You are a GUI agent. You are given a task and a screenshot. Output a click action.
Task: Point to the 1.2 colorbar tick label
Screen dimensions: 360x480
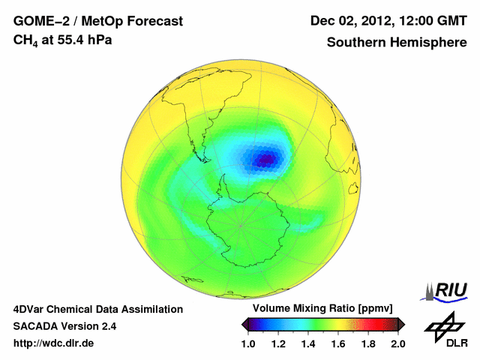[x=278, y=343]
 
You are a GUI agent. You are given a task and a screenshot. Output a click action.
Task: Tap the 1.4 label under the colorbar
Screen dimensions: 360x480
[x=307, y=343]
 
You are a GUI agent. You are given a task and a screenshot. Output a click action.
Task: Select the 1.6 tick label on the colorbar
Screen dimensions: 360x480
[x=338, y=343]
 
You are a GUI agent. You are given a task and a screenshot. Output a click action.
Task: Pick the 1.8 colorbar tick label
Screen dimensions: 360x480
[x=368, y=343]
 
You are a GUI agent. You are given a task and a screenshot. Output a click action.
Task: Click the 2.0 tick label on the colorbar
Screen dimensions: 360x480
[x=398, y=343]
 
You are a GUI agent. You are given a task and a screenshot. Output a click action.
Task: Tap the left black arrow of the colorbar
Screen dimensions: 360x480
[x=245, y=324]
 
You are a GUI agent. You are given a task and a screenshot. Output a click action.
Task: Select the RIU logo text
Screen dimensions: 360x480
[x=451, y=290]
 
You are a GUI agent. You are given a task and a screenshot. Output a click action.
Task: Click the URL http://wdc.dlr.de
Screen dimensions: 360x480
[x=54, y=343]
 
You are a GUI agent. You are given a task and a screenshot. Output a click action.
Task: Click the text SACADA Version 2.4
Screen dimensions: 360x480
[x=64, y=326]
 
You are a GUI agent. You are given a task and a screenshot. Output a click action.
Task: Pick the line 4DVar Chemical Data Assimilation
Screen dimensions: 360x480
[x=98, y=309]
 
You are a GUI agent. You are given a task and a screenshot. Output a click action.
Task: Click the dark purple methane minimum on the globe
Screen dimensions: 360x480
[x=266, y=158]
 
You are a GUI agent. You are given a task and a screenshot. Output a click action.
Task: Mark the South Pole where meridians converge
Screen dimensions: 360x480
[x=241, y=224]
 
